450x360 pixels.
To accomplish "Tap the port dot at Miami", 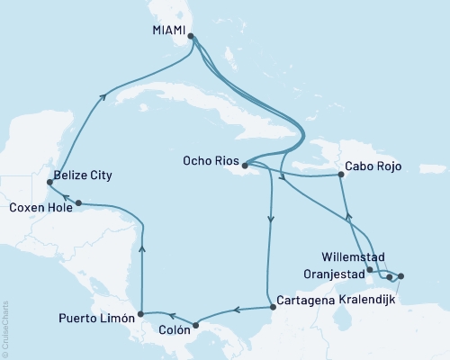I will point(190,37).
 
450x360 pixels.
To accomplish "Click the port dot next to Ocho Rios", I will point(245,165).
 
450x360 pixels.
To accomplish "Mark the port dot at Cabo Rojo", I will point(340,175).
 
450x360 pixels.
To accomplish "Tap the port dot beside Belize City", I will point(49,183).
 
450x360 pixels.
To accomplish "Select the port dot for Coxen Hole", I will point(79,203).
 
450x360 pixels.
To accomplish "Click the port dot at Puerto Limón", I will point(139,316).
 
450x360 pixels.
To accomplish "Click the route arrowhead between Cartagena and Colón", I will point(235,311).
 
